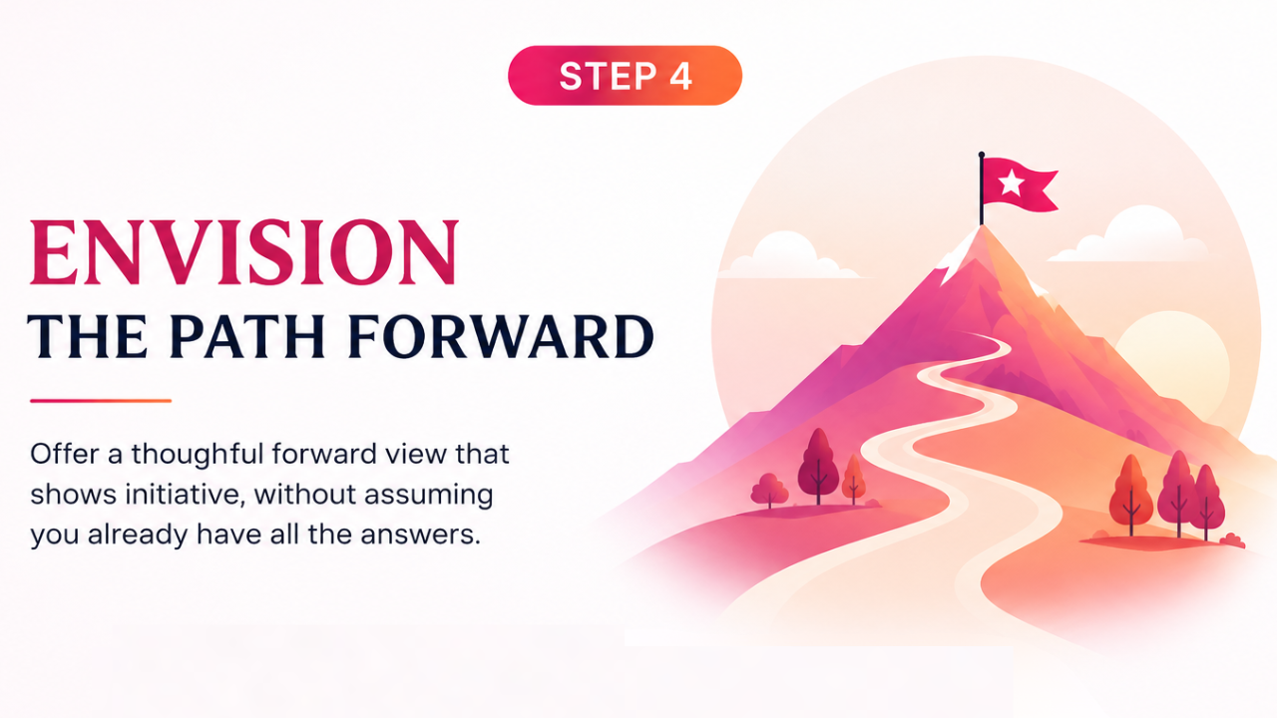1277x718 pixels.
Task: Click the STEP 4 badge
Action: pos(625,75)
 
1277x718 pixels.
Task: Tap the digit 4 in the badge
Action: pos(680,76)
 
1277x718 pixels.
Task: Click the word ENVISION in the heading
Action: pos(244,252)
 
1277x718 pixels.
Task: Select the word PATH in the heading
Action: pos(247,336)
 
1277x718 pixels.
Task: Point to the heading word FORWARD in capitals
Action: pos(501,336)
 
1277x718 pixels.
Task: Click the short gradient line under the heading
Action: pos(101,401)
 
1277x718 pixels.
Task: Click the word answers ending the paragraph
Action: pos(421,536)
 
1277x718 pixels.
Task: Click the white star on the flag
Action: pos(1012,182)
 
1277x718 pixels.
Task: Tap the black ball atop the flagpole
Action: pos(981,155)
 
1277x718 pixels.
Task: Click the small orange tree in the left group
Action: pos(853,479)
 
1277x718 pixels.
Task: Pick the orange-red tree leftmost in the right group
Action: pos(1131,495)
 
